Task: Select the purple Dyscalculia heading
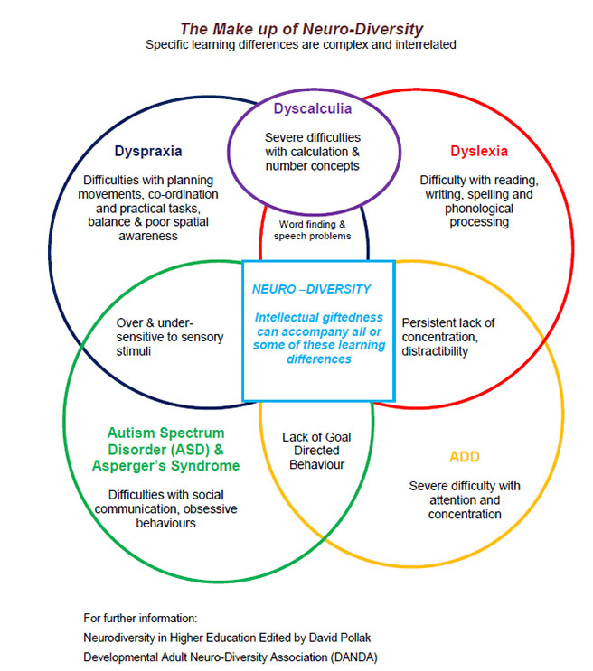[314, 109]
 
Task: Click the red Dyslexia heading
[479, 151]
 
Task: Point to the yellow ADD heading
[465, 456]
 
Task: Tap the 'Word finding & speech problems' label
[313, 230]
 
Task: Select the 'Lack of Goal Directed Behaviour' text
[316, 451]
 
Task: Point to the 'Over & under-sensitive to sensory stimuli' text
[155, 336]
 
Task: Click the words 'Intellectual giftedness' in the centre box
[318, 317]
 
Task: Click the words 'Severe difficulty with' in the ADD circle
[465, 486]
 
